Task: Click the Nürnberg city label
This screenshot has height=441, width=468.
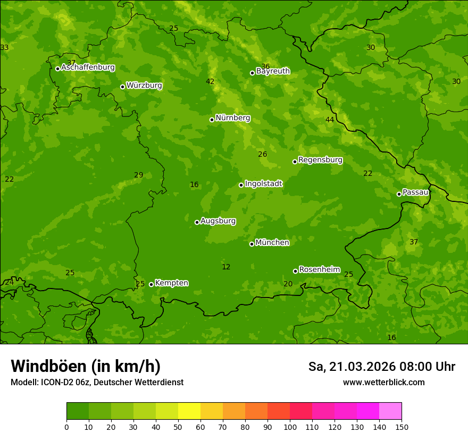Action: [x=232, y=118]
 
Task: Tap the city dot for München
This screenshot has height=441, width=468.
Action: [x=252, y=244]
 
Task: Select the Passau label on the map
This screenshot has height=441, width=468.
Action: [x=415, y=192]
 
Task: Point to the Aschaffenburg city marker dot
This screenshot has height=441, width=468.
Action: [x=57, y=69]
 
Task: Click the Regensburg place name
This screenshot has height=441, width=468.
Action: [x=320, y=160]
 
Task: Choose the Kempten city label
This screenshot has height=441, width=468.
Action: [x=171, y=283]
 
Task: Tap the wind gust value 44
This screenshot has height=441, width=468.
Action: [x=330, y=120]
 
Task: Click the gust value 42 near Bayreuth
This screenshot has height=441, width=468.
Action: [x=210, y=81]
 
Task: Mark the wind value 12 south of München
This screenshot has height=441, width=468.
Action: [x=226, y=267]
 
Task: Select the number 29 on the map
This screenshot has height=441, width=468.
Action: [x=139, y=175]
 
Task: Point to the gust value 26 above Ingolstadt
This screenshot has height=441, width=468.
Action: [x=262, y=154]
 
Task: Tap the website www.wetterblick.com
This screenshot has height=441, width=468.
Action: [x=383, y=382]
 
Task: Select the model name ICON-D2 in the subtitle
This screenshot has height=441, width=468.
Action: [x=57, y=382]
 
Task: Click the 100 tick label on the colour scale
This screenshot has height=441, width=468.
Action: [x=290, y=427]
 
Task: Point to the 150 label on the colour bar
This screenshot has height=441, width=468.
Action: [x=402, y=427]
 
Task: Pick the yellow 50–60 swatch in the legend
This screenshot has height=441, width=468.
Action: [x=189, y=411]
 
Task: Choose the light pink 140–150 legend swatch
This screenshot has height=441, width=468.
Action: [x=390, y=411]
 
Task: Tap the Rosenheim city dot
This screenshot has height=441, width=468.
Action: [x=295, y=271]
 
